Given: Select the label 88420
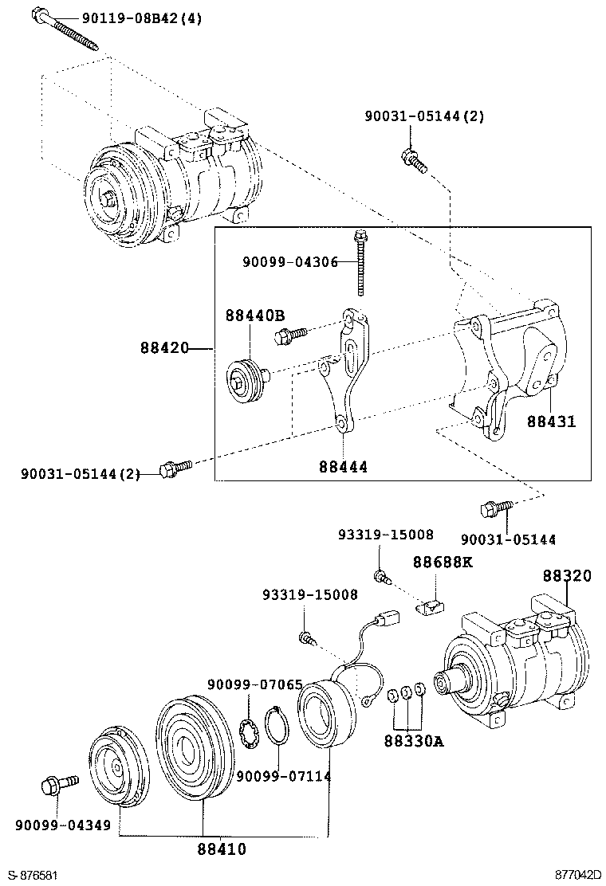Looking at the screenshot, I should [x=164, y=348].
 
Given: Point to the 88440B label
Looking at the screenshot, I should [x=255, y=316].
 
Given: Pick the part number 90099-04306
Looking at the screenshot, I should [x=290, y=261].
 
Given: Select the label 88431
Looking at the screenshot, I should [x=550, y=421].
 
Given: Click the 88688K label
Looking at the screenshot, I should [x=443, y=562].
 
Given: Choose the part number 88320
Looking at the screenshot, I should [x=568, y=576].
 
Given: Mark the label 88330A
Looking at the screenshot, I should [x=413, y=741].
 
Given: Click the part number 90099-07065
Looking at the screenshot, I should [x=254, y=684].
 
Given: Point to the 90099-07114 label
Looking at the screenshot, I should [x=283, y=776].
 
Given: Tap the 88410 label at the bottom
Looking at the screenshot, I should [x=222, y=849].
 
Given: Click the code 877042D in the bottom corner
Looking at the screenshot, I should [x=578, y=875].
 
